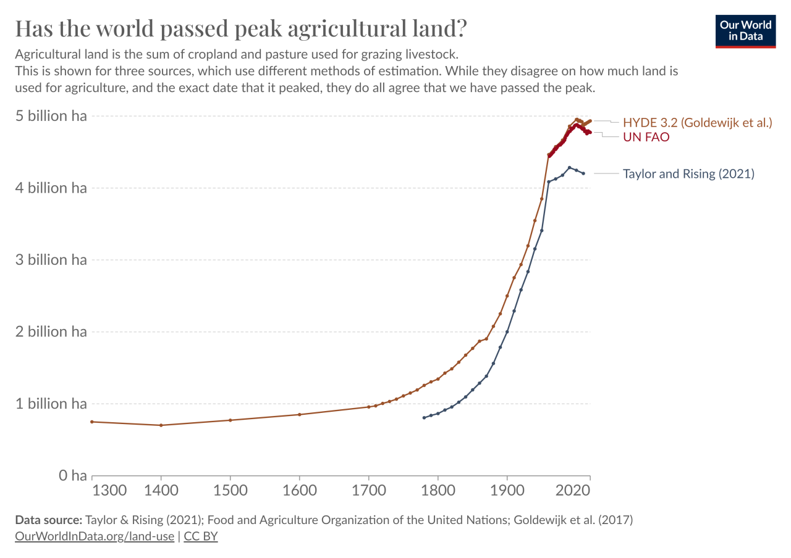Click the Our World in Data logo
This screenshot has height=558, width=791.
pos(745,31)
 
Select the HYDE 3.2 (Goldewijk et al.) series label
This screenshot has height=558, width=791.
pos(698,122)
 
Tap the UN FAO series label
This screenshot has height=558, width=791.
pos(646,137)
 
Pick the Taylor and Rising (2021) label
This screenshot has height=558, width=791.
pos(688,173)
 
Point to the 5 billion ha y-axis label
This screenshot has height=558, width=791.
pos(51,115)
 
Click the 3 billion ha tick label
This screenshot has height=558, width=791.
pos(51,260)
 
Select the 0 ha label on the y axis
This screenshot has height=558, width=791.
pos(72,475)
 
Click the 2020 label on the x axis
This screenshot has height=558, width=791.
pos(573,490)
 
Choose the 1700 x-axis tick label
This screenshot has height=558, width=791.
pos(369,490)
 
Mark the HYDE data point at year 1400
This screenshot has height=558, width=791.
pos(161,425)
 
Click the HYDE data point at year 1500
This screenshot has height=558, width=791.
pos(231,420)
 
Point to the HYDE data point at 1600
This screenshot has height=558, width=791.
pos(300,414)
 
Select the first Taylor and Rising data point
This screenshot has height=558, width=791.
pos(424,418)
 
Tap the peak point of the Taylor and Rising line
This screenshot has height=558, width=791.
pos(569,167)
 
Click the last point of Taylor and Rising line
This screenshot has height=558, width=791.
pos(583,173)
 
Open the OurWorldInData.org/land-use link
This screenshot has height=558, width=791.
pos(95,536)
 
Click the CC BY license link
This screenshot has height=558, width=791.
pos(201,536)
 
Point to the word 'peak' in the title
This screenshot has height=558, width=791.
pos(258,28)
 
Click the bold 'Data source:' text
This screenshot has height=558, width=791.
pos(49,520)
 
